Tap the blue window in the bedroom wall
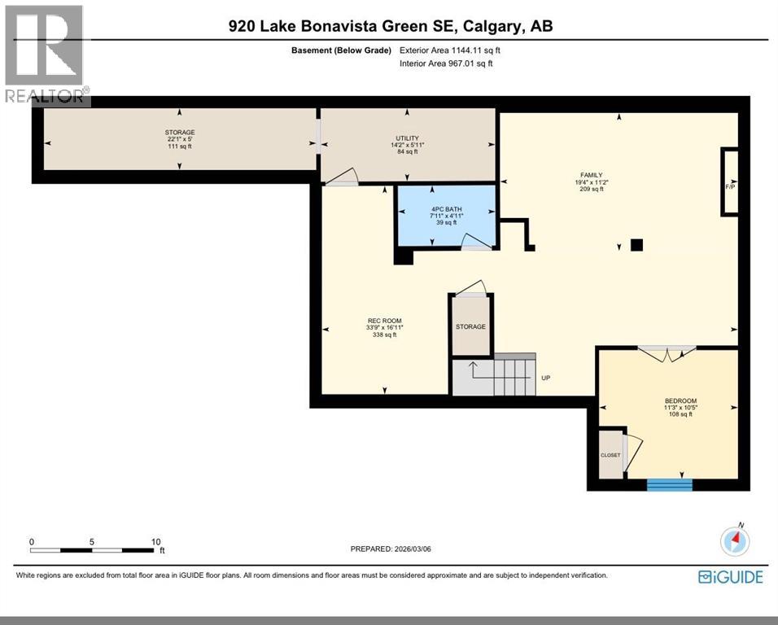pos(669,485)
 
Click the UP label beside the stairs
pos(546,378)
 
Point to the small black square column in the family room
pos(636,244)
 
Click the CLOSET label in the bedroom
pos(610,455)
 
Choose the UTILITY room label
pos(407,139)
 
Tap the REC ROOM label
pos(384,321)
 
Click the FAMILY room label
pos(591,174)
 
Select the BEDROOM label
pos(680,400)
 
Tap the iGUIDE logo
pos(731,577)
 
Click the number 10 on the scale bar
pos(156,541)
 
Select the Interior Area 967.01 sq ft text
pos(446,63)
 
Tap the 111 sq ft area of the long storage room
pos(179,146)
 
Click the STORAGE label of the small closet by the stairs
pos(470,326)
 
